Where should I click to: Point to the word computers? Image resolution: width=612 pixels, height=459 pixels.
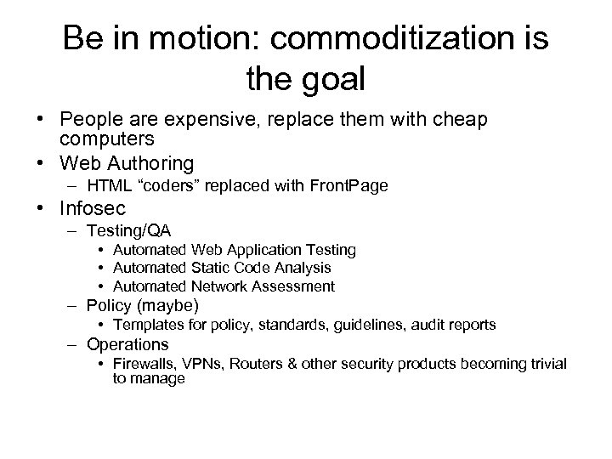pyautogui.click(x=109, y=139)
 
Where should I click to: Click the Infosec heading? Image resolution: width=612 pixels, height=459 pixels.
pyautogui.click(x=93, y=208)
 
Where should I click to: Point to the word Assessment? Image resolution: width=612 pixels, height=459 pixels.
pyautogui.click(x=294, y=286)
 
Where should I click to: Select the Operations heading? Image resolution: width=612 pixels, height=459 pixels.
pyautogui.click(x=128, y=344)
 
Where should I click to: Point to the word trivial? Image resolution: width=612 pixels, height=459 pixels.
pyautogui.click(x=546, y=364)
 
